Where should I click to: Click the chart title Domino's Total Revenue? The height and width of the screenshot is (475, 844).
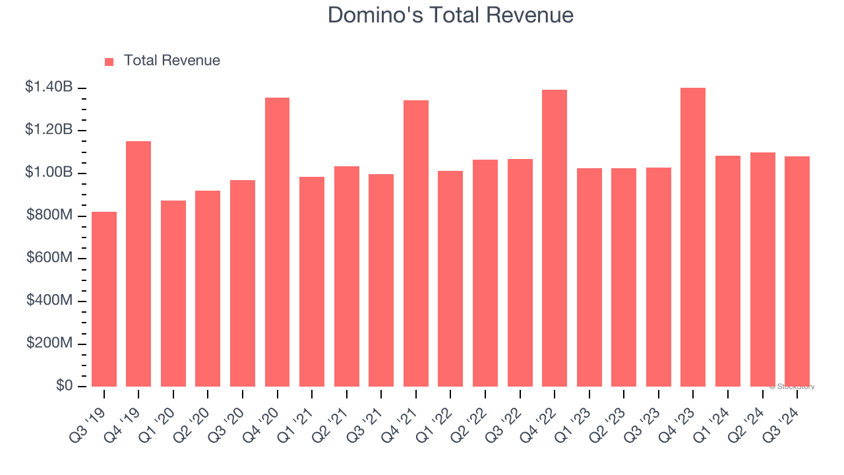click(x=450, y=15)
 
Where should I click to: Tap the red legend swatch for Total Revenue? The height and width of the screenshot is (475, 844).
click(x=109, y=61)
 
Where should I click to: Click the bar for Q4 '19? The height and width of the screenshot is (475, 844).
click(x=138, y=264)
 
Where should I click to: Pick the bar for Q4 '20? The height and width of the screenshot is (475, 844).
click(x=277, y=242)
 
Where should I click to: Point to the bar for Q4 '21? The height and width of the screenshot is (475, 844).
click(x=416, y=243)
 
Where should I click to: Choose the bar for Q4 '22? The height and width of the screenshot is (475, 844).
click(x=555, y=238)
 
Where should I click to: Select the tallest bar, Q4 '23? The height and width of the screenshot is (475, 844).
click(x=693, y=237)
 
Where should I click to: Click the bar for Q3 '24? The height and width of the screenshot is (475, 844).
click(x=797, y=271)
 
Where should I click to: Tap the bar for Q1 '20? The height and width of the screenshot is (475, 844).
click(x=173, y=294)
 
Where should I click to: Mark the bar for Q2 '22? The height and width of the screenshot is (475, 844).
click(x=485, y=273)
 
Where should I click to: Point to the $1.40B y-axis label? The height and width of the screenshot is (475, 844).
click(x=49, y=87)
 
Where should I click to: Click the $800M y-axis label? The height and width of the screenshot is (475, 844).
click(x=49, y=215)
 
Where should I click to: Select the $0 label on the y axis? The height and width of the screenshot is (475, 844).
click(x=65, y=386)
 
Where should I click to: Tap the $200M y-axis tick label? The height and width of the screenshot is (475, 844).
click(x=49, y=343)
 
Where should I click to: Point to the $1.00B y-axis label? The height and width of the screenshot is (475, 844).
click(x=49, y=172)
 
